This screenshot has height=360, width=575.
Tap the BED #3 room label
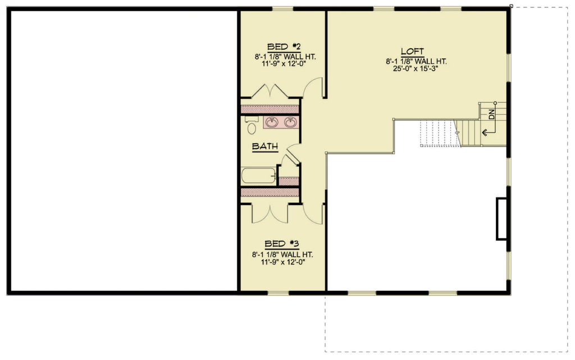click(x=282, y=244)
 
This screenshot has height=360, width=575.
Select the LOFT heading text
click(x=412, y=51)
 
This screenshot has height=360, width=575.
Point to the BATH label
click(x=265, y=146)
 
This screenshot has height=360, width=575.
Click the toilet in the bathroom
click(x=251, y=125)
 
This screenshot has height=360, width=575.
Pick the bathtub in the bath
click(x=258, y=176)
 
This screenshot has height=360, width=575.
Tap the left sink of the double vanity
click(x=272, y=122)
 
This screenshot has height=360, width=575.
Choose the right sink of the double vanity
click(x=290, y=122)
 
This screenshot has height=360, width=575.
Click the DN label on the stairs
click(x=491, y=115)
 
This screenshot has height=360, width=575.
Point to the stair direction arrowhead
click(x=484, y=132)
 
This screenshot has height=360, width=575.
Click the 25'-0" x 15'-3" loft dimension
click(x=416, y=69)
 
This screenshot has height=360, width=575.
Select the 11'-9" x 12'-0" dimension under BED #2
click(x=284, y=64)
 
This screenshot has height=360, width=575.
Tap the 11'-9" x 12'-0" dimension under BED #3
click(x=283, y=262)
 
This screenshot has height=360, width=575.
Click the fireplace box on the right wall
click(x=501, y=219)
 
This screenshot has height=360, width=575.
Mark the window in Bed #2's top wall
click(x=283, y=9)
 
